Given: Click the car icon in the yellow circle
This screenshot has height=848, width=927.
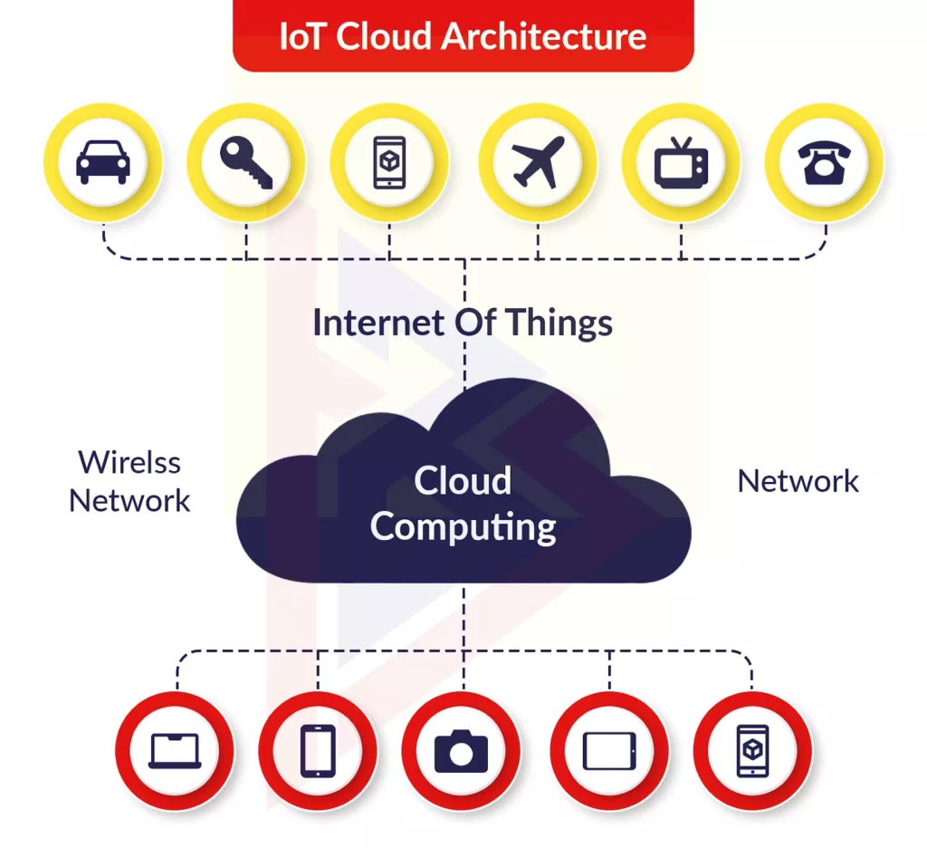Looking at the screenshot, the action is click(x=103, y=161).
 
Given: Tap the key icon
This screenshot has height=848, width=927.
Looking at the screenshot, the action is click(x=246, y=162).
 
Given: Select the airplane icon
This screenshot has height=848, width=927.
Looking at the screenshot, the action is click(x=538, y=162).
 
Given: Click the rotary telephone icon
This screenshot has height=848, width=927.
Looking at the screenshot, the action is click(x=824, y=163).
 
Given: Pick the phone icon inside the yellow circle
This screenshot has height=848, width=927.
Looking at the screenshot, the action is click(x=389, y=162).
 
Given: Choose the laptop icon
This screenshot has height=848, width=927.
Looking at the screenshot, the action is click(x=175, y=751).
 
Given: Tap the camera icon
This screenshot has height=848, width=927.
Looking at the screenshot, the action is click(x=461, y=751).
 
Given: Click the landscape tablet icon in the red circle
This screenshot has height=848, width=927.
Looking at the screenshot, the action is click(x=609, y=751).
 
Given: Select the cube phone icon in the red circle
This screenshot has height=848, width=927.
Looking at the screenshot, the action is click(x=752, y=750).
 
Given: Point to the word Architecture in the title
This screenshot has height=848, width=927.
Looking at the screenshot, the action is click(x=544, y=36).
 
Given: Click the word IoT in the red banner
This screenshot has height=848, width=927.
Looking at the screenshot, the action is click(x=301, y=36).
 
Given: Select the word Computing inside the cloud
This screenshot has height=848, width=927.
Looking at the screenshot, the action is click(x=463, y=526).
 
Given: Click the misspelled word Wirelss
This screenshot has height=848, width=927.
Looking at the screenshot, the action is click(x=129, y=462).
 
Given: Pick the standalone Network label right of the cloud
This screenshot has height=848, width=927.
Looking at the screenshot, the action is click(x=798, y=481).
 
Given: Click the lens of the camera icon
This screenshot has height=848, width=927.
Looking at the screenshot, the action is click(x=461, y=754).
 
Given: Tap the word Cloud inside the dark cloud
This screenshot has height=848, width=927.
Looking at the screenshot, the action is click(x=463, y=480).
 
